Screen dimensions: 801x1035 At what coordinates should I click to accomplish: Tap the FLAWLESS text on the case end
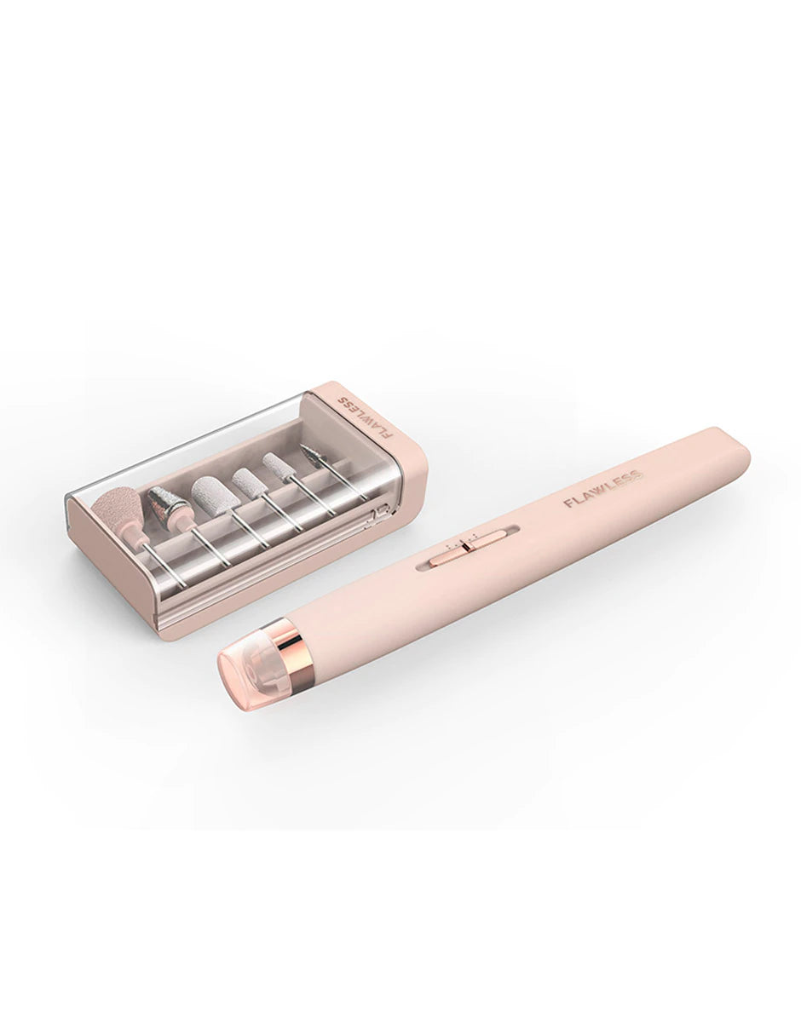pos(365,417)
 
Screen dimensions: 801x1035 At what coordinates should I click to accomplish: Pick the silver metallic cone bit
pos(164,505)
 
